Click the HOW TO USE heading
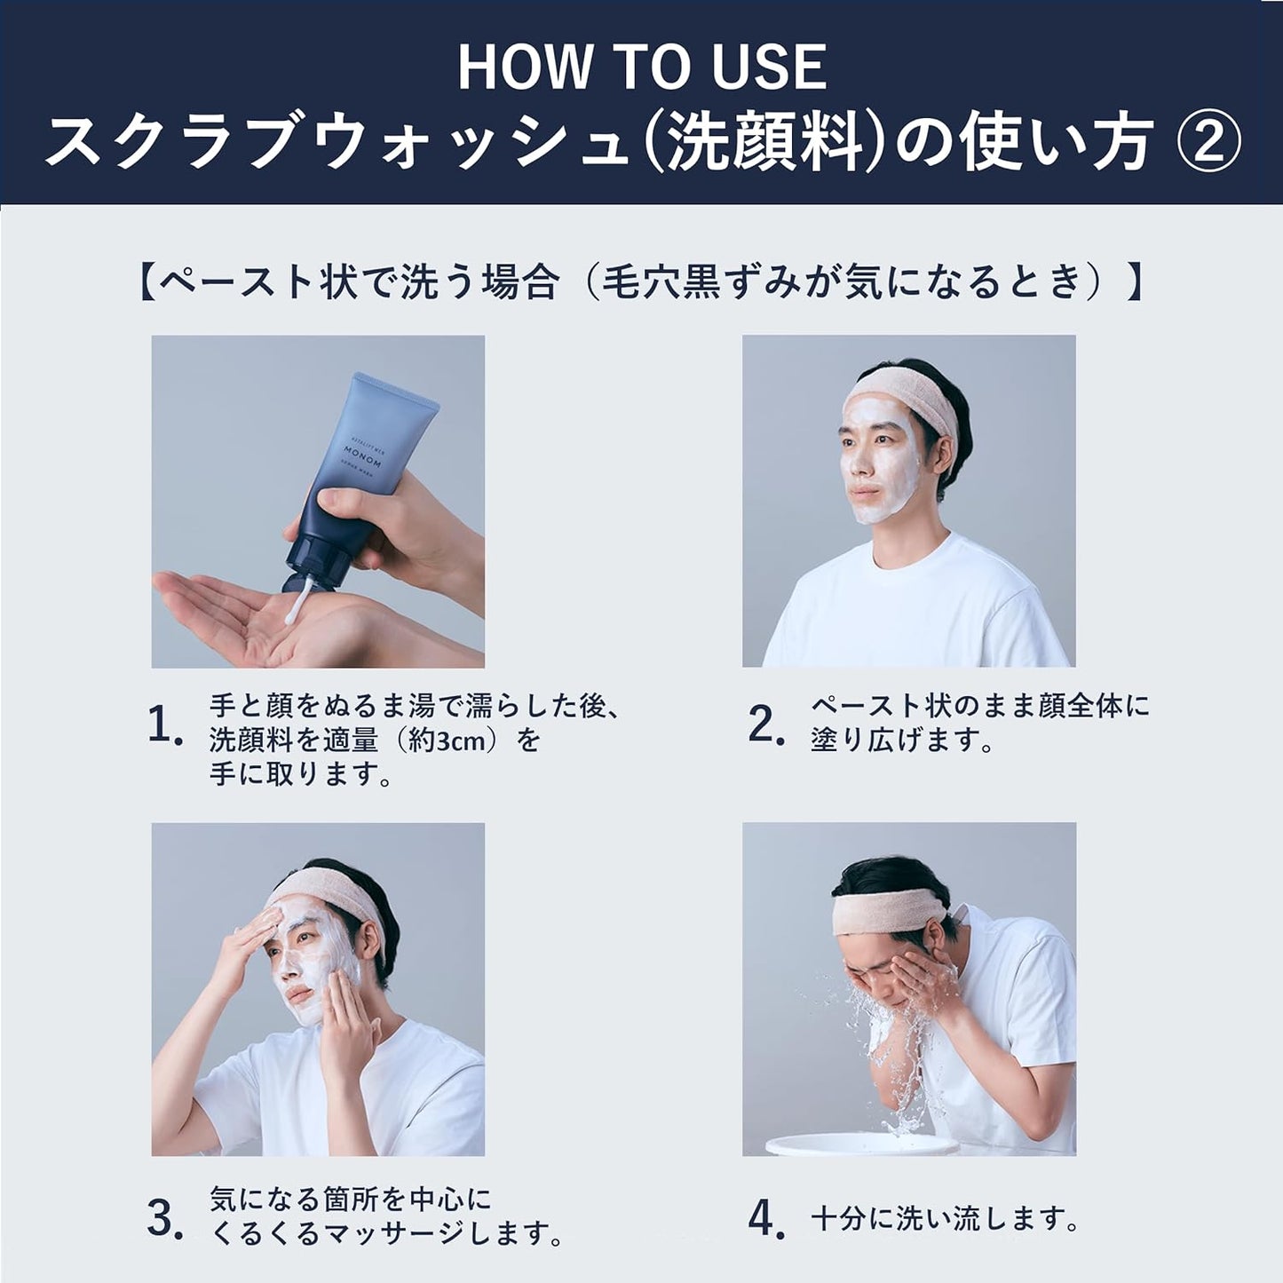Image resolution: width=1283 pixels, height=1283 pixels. click(x=642, y=67)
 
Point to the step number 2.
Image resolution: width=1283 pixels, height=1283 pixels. click(x=766, y=725)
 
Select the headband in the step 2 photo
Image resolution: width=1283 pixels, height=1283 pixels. click(x=905, y=402)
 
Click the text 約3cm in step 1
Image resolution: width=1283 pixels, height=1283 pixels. click(x=444, y=740)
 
